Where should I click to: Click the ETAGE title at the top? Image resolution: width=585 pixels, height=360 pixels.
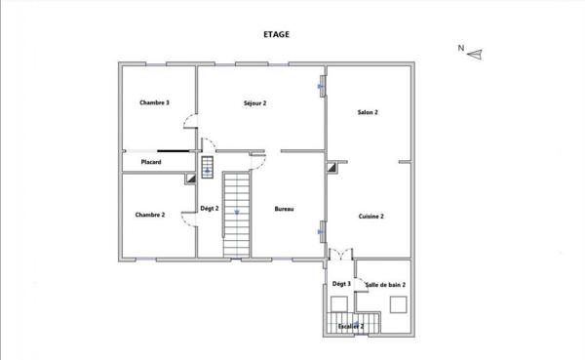(276, 33)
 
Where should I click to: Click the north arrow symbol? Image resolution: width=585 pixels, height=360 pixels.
(475, 55)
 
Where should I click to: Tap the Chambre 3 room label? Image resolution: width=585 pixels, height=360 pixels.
(154, 102)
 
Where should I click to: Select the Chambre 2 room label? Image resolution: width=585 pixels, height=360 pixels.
(149, 215)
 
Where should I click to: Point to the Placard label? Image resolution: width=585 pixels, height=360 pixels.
(150, 162)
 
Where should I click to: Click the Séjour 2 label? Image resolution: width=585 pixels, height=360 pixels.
(255, 102)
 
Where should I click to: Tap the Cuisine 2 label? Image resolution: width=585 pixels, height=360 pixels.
(370, 216)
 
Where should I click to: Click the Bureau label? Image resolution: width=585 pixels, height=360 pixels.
(284, 209)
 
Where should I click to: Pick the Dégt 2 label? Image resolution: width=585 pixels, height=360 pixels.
(210, 209)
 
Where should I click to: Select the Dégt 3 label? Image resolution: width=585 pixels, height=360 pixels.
(341, 284)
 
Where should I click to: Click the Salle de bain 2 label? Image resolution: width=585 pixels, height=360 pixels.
(386, 284)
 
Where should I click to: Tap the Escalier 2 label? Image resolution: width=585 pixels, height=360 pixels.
(351, 326)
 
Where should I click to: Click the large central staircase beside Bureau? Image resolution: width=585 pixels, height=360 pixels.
(237, 215)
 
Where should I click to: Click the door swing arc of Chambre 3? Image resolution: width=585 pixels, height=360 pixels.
(192, 121)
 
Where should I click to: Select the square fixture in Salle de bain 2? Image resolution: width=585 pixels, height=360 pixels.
(398, 303)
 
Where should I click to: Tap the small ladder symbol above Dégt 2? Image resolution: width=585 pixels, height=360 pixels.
(207, 167)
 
